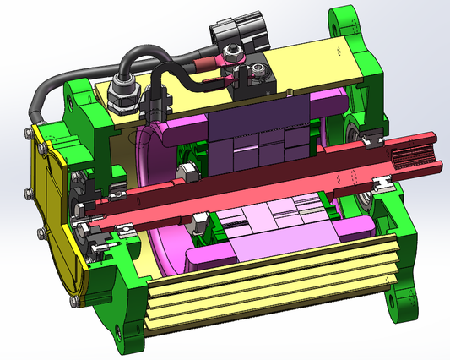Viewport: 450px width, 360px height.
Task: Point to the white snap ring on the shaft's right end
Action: pyautogui.click(x=383, y=181)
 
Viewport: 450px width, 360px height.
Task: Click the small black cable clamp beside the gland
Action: pyautogui.click(x=156, y=105)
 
